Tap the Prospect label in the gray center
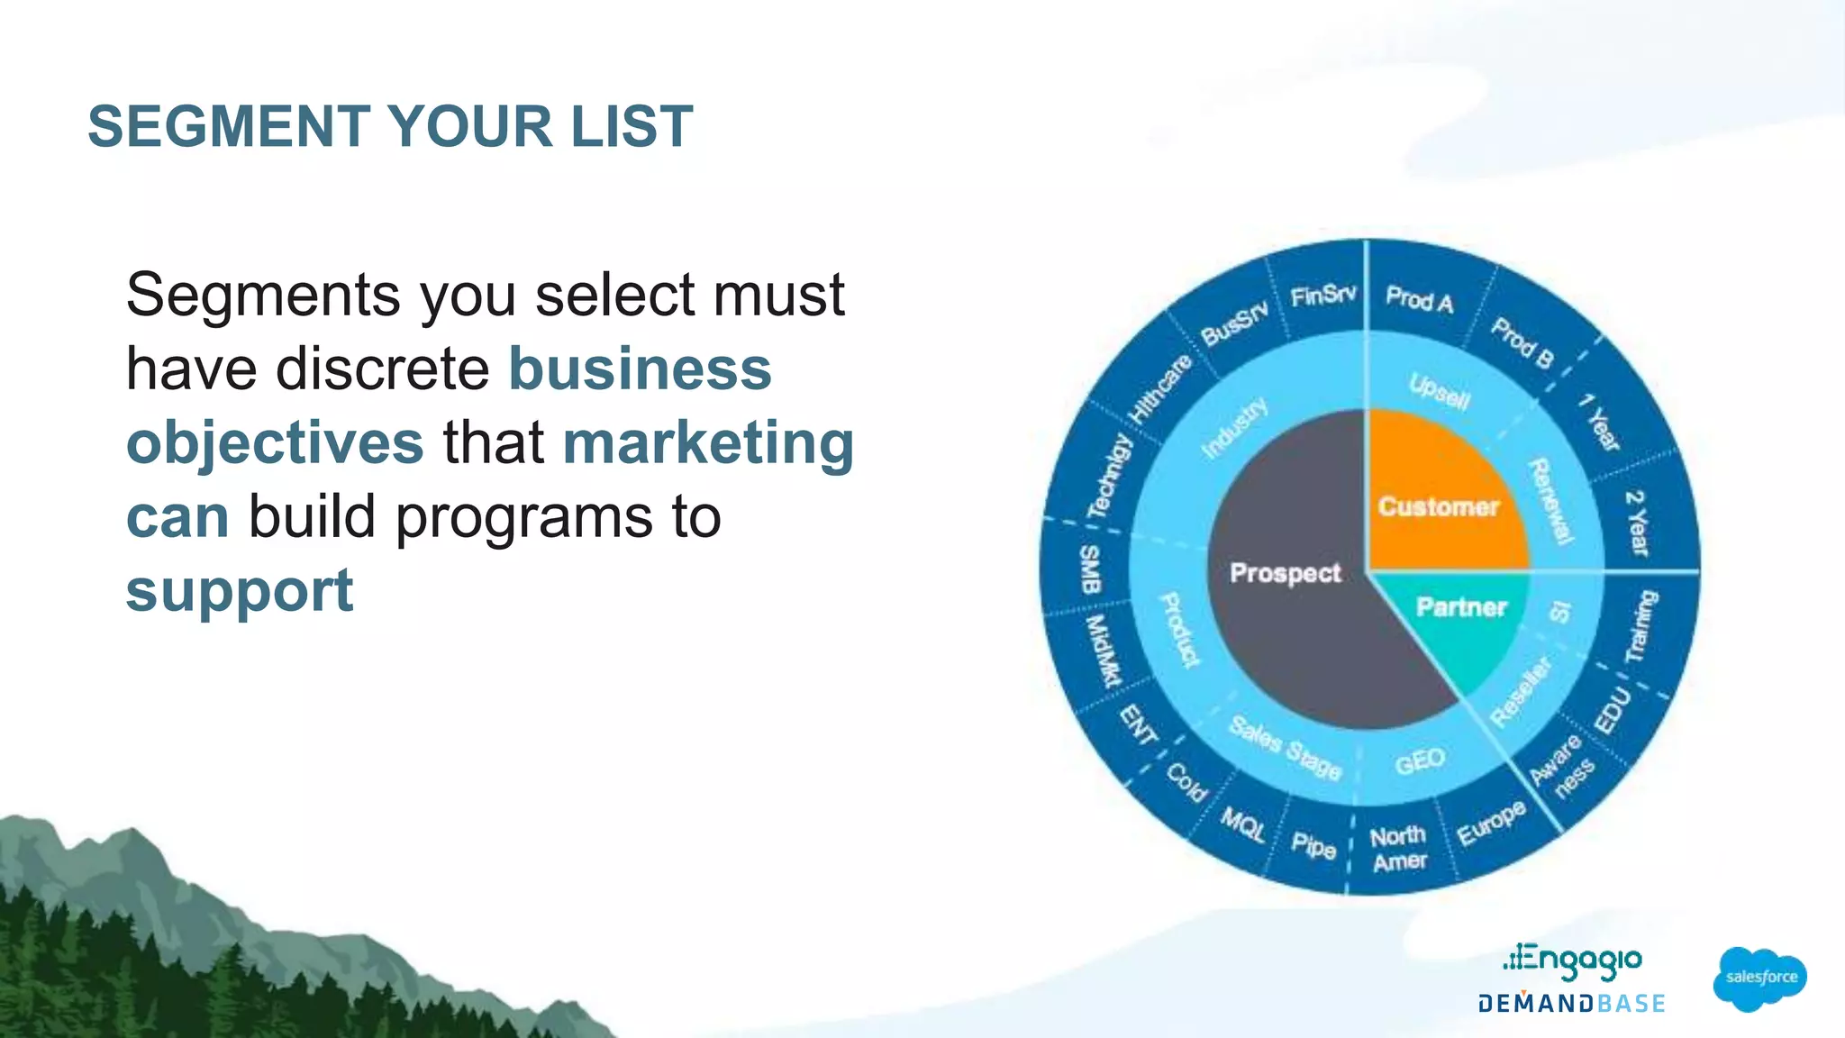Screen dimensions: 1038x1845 coord(1286,573)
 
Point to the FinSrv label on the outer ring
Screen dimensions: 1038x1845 coord(1322,296)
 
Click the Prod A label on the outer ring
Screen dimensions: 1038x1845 coord(1419,299)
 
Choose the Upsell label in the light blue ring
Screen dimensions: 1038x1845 coord(1440,391)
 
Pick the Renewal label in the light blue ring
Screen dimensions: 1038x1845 coord(1551,501)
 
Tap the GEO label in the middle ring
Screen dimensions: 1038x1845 coord(1420,762)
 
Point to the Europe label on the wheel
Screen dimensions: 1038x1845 coord(1492,823)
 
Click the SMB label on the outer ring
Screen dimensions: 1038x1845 coord(1090,569)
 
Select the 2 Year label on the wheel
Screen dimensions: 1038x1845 coord(1636,523)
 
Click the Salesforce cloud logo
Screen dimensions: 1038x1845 coord(1759,979)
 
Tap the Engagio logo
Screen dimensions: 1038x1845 coord(1572,961)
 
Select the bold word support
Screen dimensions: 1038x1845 coord(240,591)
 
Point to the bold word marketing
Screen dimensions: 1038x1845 coord(708,443)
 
